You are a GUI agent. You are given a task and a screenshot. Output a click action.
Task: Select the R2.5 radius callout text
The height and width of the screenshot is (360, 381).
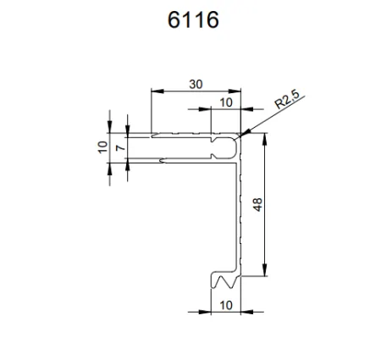288,105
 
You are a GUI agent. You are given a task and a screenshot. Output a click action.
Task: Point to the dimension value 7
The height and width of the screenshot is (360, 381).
120,148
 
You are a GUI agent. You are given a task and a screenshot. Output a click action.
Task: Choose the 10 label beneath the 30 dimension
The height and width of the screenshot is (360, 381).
225,102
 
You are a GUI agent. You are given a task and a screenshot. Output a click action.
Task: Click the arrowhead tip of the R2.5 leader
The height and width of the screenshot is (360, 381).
241,136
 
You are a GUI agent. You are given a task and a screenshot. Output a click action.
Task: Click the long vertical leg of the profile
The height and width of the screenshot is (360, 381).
240,212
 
